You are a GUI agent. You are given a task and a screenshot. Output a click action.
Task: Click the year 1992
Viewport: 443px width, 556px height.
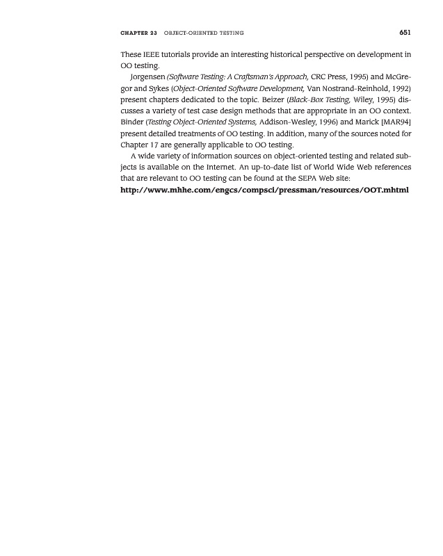[x=398, y=90]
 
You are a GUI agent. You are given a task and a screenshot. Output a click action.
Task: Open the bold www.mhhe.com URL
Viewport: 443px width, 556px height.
[x=264, y=190]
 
